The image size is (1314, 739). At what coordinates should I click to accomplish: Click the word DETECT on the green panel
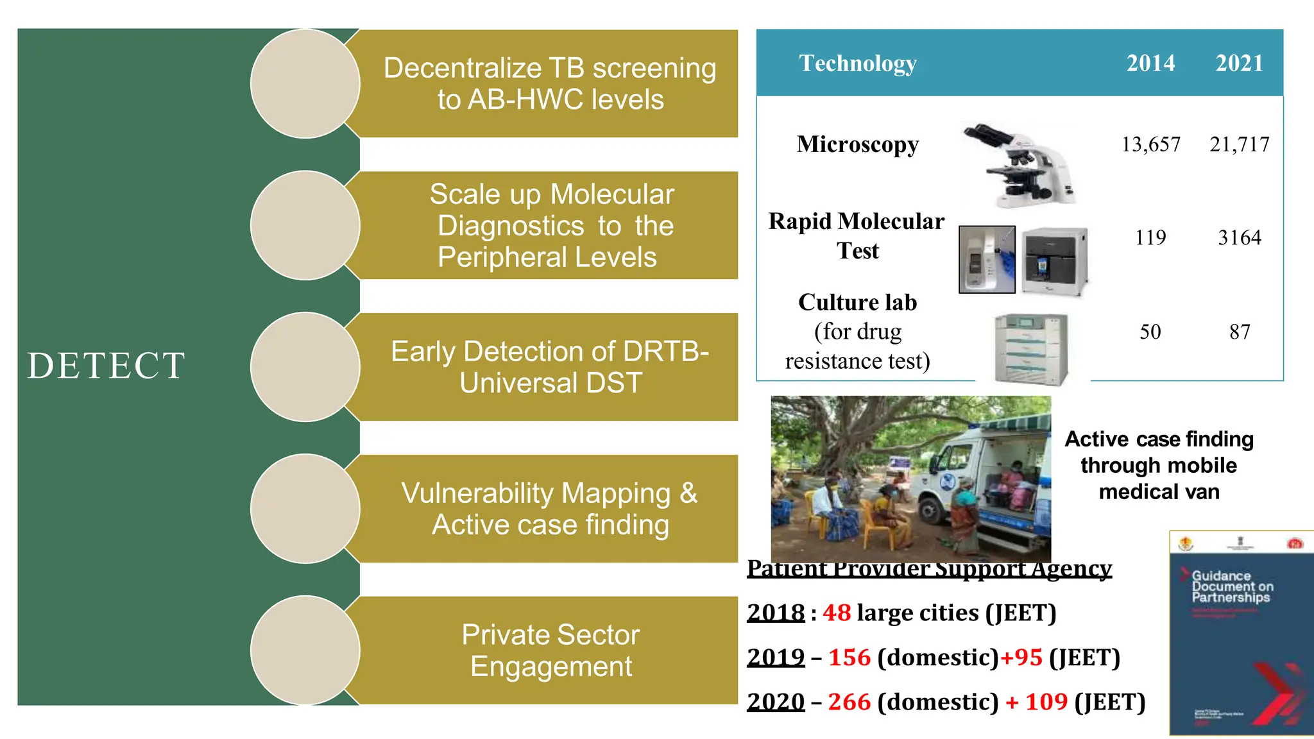tap(107, 366)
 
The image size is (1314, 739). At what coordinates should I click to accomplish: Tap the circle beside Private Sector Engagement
tap(305, 650)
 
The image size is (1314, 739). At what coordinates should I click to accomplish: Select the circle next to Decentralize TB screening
tap(305, 83)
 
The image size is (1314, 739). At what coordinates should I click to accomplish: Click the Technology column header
tap(857, 64)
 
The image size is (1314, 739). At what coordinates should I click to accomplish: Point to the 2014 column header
tap(1150, 64)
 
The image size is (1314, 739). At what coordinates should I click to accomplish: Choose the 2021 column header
tap(1239, 64)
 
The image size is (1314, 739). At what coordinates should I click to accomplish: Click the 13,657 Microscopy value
tap(1150, 144)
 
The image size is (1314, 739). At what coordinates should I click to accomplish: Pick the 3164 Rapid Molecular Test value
tap(1239, 238)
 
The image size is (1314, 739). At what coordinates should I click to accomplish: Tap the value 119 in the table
tap(1150, 238)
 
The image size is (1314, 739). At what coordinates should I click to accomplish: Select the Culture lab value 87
tap(1239, 332)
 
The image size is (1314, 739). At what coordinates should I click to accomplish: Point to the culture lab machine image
tap(1030, 349)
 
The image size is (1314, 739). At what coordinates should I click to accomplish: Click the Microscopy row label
tap(857, 144)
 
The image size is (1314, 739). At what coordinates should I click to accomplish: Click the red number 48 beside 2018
tap(837, 613)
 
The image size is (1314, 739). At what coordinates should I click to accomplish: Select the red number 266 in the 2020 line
tap(849, 702)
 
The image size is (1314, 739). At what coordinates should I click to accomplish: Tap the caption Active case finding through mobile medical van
tap(1159, 465)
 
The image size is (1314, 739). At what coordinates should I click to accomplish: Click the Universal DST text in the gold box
tap(550, 383)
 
